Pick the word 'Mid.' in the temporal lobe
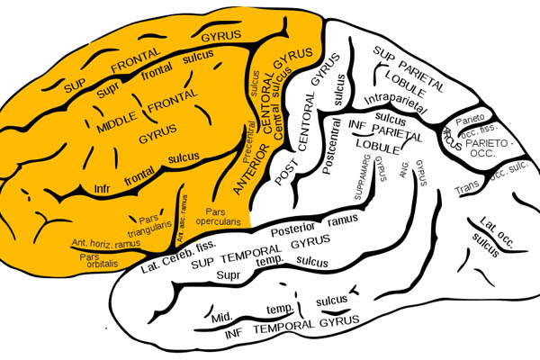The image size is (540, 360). pos(223,316)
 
